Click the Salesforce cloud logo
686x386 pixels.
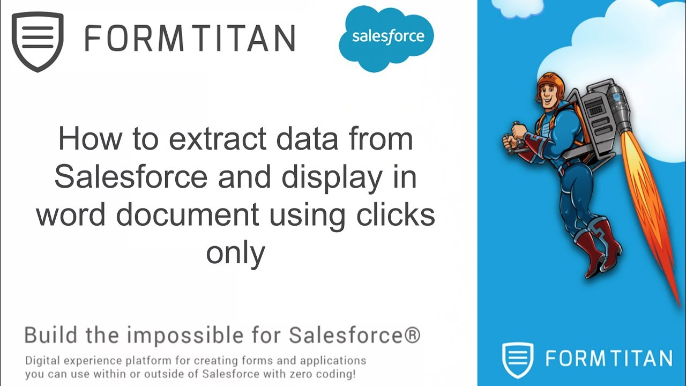386,38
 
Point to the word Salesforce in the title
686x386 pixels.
130,177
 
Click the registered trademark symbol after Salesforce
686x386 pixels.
411,335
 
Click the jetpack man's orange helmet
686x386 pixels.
549,83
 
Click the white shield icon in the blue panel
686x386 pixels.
518,359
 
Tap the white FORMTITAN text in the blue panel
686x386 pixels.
608,359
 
